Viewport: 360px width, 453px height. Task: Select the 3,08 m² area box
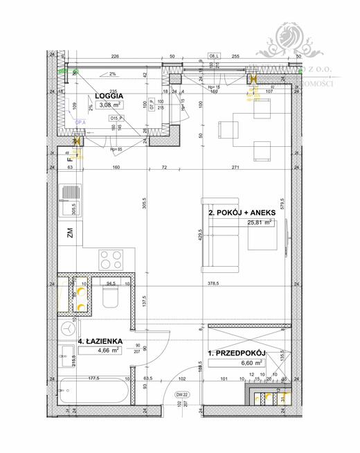[110, 106]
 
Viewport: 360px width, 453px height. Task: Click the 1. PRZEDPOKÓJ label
[237, 353]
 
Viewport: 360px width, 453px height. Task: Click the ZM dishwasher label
[71, 233]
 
